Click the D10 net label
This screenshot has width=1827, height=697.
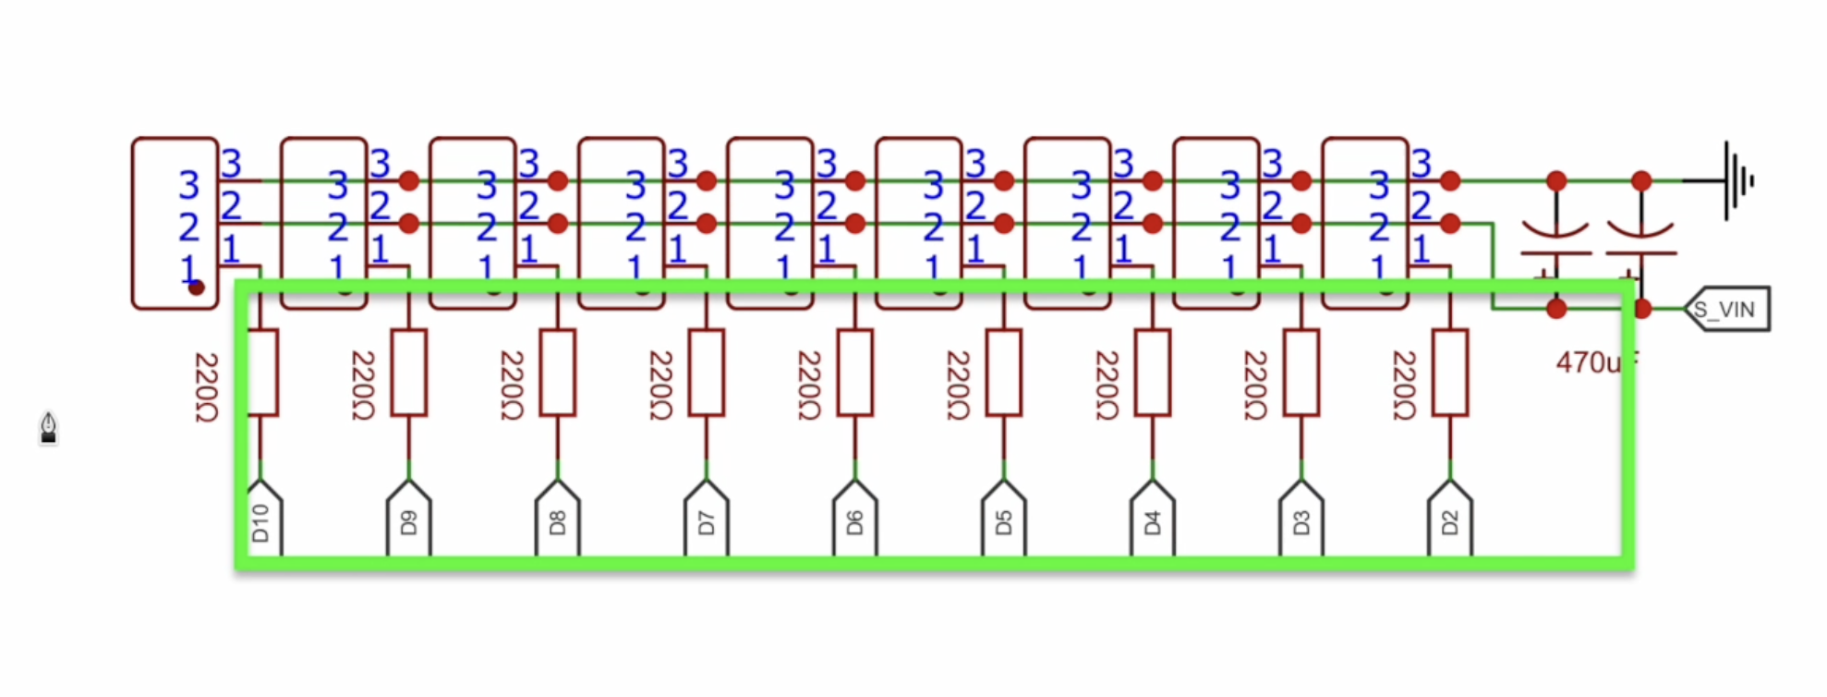[261, 522]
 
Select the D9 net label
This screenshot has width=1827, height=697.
[409, 522]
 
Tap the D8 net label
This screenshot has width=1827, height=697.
[558, 522]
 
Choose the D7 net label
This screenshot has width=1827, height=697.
[707, 522]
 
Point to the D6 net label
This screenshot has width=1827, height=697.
[855, 522]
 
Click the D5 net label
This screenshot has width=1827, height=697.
[1004, 522]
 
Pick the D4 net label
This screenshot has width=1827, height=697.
[1153, 522]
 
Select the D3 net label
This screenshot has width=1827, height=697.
[1301, 522]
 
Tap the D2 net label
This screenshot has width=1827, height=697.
[1450, 522]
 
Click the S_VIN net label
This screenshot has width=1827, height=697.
[1726, 310]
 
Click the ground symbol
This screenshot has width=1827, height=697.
[1736, 180]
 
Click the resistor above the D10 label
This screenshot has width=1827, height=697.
[261, 373]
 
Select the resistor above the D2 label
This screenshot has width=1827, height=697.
[1450, 373]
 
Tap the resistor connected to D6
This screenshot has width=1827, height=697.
[855, 373]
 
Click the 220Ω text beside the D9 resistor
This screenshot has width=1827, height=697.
[363, 385]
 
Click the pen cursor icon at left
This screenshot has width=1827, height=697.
[49, 428]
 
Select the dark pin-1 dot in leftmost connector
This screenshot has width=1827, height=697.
[196, 287]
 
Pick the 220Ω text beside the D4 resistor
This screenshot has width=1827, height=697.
[1107, 385]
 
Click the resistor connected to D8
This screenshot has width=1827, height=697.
[558, 373]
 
